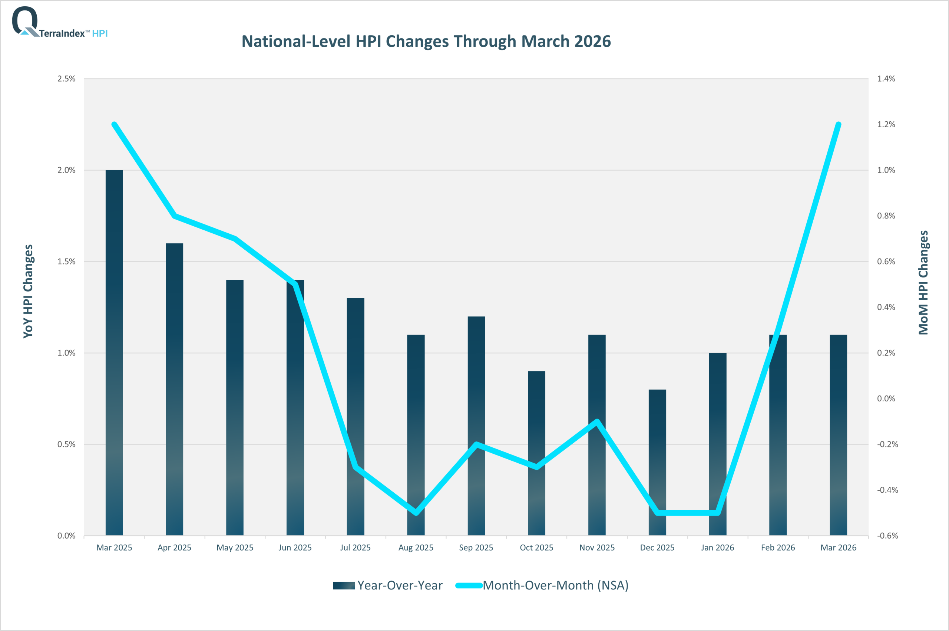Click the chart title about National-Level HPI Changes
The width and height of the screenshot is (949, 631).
[x=426, y=42]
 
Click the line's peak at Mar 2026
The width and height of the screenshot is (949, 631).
[x=839, y=124]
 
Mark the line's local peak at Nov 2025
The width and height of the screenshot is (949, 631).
[x=597, y=422]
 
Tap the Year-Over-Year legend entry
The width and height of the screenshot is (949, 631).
[x=388, y=585]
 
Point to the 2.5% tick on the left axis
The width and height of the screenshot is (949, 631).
[x=66, y=79]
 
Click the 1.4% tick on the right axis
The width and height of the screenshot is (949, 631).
[x=886, y=79]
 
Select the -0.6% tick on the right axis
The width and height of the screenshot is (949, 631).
[x=887, y=536]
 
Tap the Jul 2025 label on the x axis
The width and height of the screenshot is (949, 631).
[x=356, y=548]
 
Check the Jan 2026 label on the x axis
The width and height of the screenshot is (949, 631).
[x=717, y=548]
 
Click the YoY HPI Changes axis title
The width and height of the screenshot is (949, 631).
[x=28, y=291]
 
